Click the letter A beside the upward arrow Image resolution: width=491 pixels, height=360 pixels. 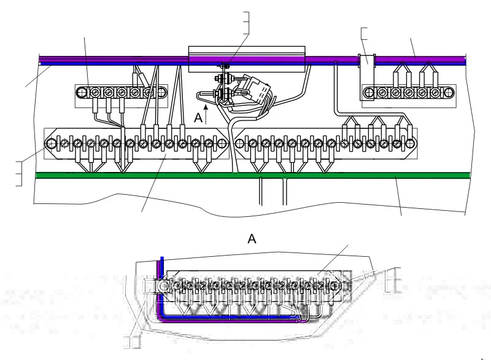pos(198,118)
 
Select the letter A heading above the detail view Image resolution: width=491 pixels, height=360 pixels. pos(252,239)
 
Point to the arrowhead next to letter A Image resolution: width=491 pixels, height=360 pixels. pos(206,108)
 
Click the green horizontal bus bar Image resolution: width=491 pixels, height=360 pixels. pos(253,175)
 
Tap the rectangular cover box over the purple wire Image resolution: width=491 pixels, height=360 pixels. pos(247,59)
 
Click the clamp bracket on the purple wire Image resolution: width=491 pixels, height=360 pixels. pos(367,77)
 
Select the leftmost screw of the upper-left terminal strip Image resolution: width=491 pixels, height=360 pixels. pos(82,93)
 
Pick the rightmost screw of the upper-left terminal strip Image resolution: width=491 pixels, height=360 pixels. pos(161,93)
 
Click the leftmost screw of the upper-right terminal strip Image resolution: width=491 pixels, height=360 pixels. pos(369,93)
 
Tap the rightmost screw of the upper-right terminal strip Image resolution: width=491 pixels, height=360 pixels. pos(449,93)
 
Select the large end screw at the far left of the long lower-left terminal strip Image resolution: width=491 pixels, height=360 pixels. pos(51,144)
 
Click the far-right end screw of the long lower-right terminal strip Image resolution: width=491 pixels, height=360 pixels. pos(410,144)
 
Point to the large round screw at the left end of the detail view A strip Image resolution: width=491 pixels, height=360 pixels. pos(163,286)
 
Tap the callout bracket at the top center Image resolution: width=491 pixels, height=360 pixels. pos(247,23)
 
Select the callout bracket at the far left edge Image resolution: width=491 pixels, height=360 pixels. pos(19,174)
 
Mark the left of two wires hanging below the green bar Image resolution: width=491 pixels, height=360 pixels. pos(260,192)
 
